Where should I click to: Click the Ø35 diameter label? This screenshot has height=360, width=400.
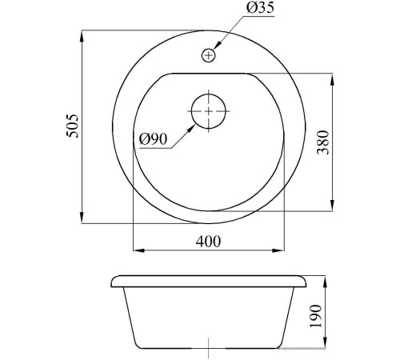point(260,8)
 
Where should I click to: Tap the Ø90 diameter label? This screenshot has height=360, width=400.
point(154,139)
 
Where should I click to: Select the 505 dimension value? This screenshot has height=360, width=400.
point(73,126)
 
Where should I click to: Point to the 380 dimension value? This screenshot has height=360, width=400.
point(323,142)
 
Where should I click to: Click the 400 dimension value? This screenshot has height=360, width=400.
point(208,241)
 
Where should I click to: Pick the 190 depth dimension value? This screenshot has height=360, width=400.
point(316,316)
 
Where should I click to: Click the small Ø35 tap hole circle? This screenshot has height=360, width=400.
point(208,55)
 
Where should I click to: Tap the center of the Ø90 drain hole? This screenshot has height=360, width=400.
point(209,111)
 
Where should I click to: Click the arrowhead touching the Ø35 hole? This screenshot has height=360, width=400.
point(217,46)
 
